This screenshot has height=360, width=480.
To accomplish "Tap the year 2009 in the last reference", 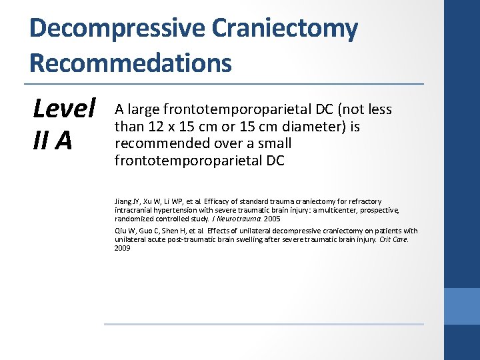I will tap(123, 248).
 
